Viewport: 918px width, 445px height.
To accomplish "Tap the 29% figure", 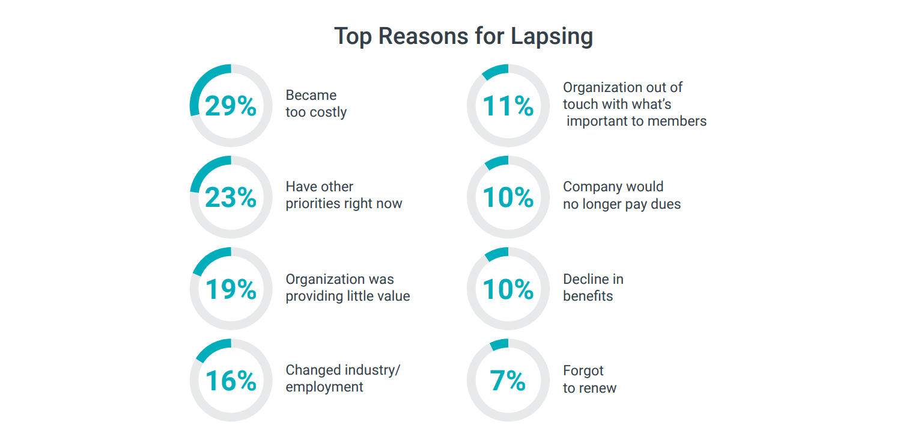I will [x=231, y=106].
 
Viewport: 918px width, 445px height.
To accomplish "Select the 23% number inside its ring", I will [x=231, y=197].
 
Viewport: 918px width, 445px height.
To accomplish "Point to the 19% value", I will [x=231, y=289].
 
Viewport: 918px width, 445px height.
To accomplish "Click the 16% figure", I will [x=231, y=381].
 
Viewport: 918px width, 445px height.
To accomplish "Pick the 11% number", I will [x=508, y=106].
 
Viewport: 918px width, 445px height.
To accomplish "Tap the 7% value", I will [x=508, y=381].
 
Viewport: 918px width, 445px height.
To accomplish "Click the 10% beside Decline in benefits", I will [x=508, y=289].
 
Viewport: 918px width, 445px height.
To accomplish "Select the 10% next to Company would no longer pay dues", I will [x=508, y=197].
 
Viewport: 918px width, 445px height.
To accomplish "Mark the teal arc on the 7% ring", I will [x=499, y=345].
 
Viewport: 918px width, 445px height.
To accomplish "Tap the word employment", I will [x=324, y=387].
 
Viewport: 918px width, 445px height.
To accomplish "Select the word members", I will [x=678, y=121].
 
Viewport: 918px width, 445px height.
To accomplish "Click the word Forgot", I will [x=583, y=370].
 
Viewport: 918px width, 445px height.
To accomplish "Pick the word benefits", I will [x=588, y=296].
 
